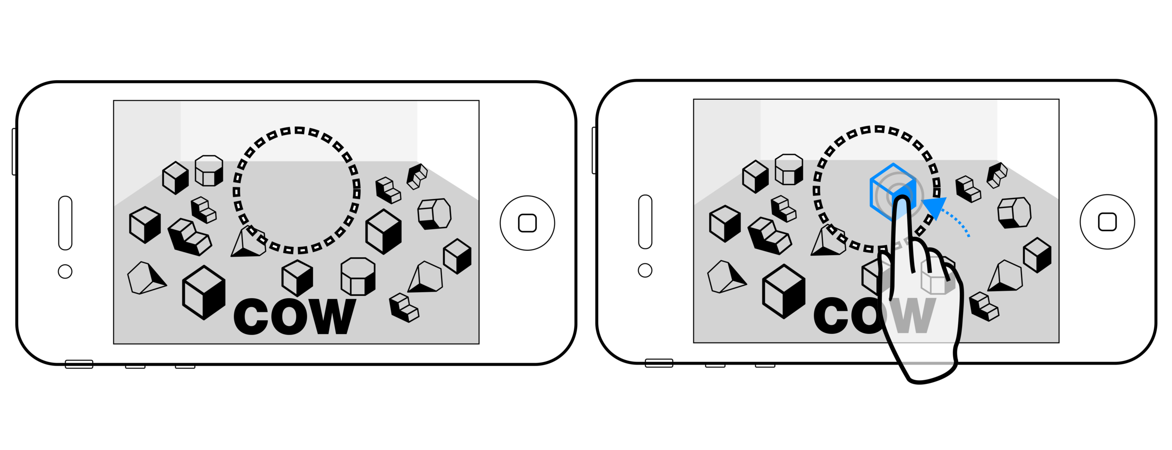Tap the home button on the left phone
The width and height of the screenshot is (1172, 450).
(527, 223)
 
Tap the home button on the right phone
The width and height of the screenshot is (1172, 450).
(1107, 222)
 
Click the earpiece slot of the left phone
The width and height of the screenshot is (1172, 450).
(65, 223)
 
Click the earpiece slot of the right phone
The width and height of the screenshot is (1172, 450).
(645, 221)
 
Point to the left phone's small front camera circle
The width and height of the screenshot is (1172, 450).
(65, 271)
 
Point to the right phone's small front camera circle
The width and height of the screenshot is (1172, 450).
(645, 270)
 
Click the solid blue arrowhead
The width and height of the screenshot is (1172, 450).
(934, 207)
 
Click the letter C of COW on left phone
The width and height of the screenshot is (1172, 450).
(251, 317)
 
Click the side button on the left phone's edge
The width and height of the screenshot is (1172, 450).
(14, 151)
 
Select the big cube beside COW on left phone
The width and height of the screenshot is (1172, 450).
(204, 292)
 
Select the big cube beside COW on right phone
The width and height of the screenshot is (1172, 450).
(784, 291)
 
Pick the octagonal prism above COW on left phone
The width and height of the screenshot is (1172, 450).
(358, 277)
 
